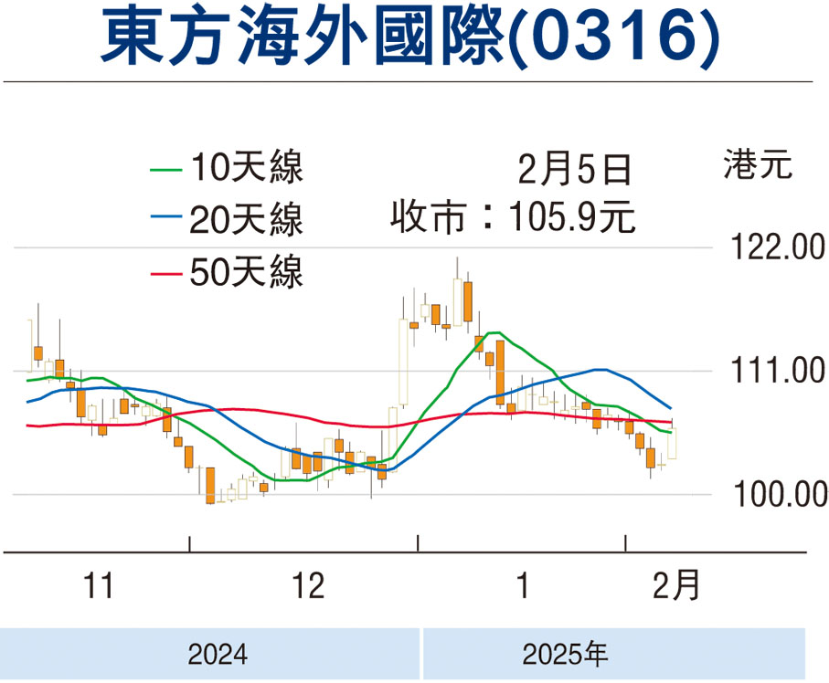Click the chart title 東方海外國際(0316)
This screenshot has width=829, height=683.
[409, 37]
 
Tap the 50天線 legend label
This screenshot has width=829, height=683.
[246, 271]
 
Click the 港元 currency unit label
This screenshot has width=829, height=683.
[758, 166]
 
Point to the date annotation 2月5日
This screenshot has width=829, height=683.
[575, 169]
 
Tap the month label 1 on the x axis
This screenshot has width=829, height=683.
[522, 585]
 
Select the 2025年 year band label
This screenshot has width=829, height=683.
[565, 654]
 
